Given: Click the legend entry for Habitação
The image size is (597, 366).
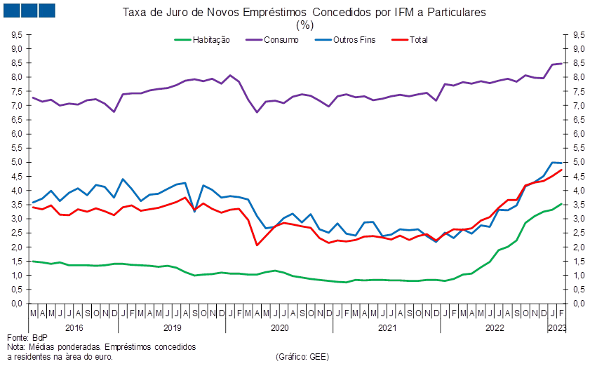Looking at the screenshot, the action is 202,40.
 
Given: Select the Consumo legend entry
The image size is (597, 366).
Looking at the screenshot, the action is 272,40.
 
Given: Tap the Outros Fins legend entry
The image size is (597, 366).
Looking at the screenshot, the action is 345,40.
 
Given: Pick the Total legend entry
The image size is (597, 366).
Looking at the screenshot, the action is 410,40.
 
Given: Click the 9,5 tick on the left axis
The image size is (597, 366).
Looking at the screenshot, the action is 17,35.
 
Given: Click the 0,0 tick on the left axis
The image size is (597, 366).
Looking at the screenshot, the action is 17,304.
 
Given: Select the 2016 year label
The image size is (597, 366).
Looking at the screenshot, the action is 74,327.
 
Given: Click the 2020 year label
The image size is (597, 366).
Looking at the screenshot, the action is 280,327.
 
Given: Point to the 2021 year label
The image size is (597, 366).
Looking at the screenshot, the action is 387,327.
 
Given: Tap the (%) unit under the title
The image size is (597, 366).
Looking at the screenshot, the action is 304,25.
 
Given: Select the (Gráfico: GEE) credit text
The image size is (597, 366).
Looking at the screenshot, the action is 302,357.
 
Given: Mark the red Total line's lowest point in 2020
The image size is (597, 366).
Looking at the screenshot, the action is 257,245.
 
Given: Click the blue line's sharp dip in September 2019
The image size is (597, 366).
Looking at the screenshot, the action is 194,211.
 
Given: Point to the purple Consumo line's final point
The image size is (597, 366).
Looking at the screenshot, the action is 561,64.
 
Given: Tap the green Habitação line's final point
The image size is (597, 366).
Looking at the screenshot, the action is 561,204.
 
